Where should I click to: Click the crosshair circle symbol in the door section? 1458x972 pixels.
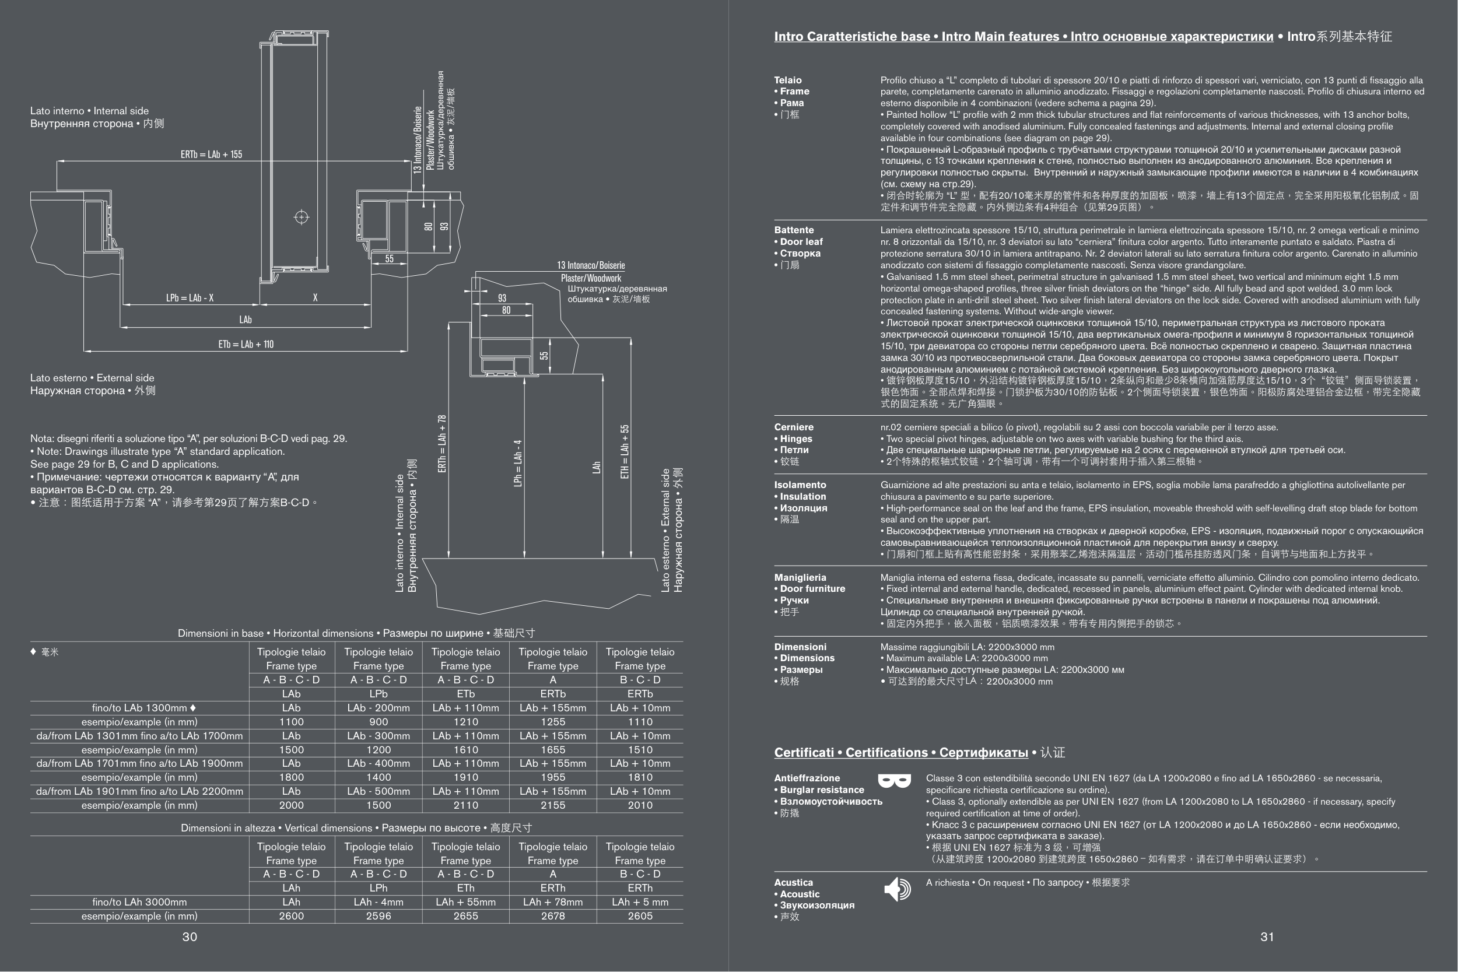(x=302, y=217)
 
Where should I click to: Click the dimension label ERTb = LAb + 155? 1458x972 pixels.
(x=211, y=155)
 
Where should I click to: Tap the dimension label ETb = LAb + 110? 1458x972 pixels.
(x=246, y=344)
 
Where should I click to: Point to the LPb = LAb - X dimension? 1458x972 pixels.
(x=190, y=298)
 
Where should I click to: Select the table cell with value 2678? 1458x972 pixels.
(x=552, y=916)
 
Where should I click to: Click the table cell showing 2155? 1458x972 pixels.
(x=552, y=805)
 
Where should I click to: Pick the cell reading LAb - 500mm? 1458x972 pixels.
(x=378, y=791)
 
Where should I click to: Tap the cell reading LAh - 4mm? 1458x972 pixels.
(x=378, y=902)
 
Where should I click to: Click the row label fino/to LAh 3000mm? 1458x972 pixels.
(x=139, y=902)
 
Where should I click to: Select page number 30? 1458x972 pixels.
(x=190, y=936)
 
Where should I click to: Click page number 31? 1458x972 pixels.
(x=1267, y=936)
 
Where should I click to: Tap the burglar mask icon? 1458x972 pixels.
(x=895, y=780)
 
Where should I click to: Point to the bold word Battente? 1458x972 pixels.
(x=794, y=230)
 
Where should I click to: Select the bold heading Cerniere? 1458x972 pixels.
(x=794, y=427)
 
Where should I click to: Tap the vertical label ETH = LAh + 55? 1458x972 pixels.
(x=624, y=452)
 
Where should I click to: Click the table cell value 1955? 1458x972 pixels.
(x=552, y=777)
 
